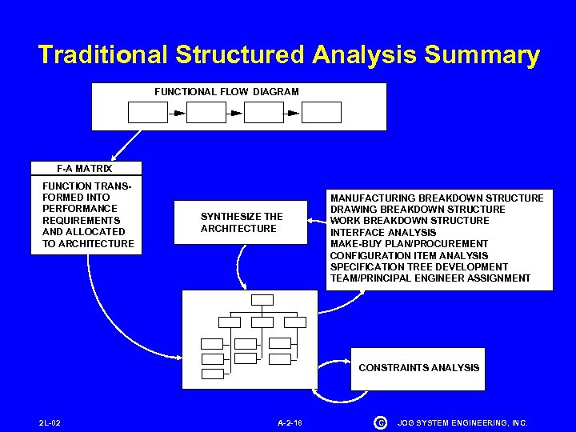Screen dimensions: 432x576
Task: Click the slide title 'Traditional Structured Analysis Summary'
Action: point(289,55)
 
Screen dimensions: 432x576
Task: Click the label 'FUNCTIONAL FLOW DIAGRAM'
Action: point(226,92)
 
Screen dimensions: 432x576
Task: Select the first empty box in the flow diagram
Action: point(148,113)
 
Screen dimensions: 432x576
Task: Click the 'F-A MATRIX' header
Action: point(85,169)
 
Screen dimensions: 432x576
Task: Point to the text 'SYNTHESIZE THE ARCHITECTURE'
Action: point(241,222)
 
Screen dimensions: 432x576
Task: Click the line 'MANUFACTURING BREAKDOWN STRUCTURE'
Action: point(437,198)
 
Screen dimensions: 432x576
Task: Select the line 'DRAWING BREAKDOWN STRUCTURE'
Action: point(418,210)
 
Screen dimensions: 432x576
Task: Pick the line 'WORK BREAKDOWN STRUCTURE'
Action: point(410,221)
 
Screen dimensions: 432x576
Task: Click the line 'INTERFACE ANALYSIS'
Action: point(383,233)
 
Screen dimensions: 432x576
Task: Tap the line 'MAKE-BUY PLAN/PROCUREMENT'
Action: point(409,244)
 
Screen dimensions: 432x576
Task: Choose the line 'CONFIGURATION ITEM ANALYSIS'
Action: point(409,255)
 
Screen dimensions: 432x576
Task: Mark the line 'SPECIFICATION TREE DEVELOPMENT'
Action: point(418,267)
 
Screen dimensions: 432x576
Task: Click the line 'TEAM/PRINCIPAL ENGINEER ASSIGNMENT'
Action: point(430,278)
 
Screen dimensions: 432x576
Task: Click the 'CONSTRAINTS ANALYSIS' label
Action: point(419,368)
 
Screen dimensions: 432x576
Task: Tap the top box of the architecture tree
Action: point(262,300)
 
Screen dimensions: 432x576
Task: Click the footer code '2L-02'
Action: point(50,422)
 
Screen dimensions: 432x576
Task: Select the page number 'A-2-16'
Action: point(290,422)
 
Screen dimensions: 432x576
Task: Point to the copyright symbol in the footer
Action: point(380,422)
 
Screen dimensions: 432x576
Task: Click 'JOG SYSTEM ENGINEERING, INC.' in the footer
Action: point(463,422)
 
